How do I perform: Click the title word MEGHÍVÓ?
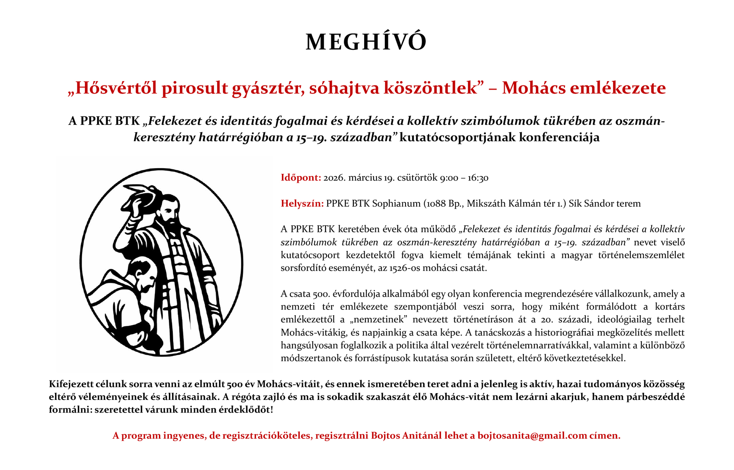pos(366,42)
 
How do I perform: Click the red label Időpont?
pos(300,178)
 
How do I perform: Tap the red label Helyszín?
pos(302,204)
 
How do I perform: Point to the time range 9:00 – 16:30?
pos(464,178)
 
